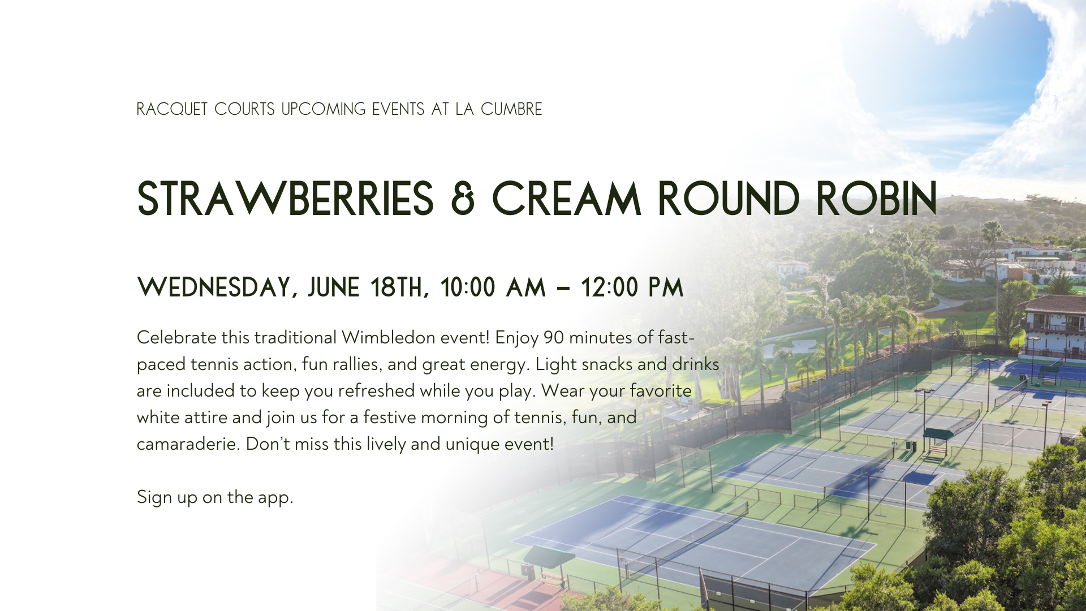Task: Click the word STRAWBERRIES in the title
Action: point(285,199)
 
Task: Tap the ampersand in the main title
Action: point(463,199)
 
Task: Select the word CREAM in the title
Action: point(567,199)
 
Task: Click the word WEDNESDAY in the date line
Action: point(217,288)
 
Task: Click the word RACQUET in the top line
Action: point(173,109)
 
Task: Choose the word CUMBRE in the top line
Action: point(511,109)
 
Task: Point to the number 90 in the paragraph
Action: point(554,337)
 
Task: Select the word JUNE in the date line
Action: point(334,287)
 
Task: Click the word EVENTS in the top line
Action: point(398,109)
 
